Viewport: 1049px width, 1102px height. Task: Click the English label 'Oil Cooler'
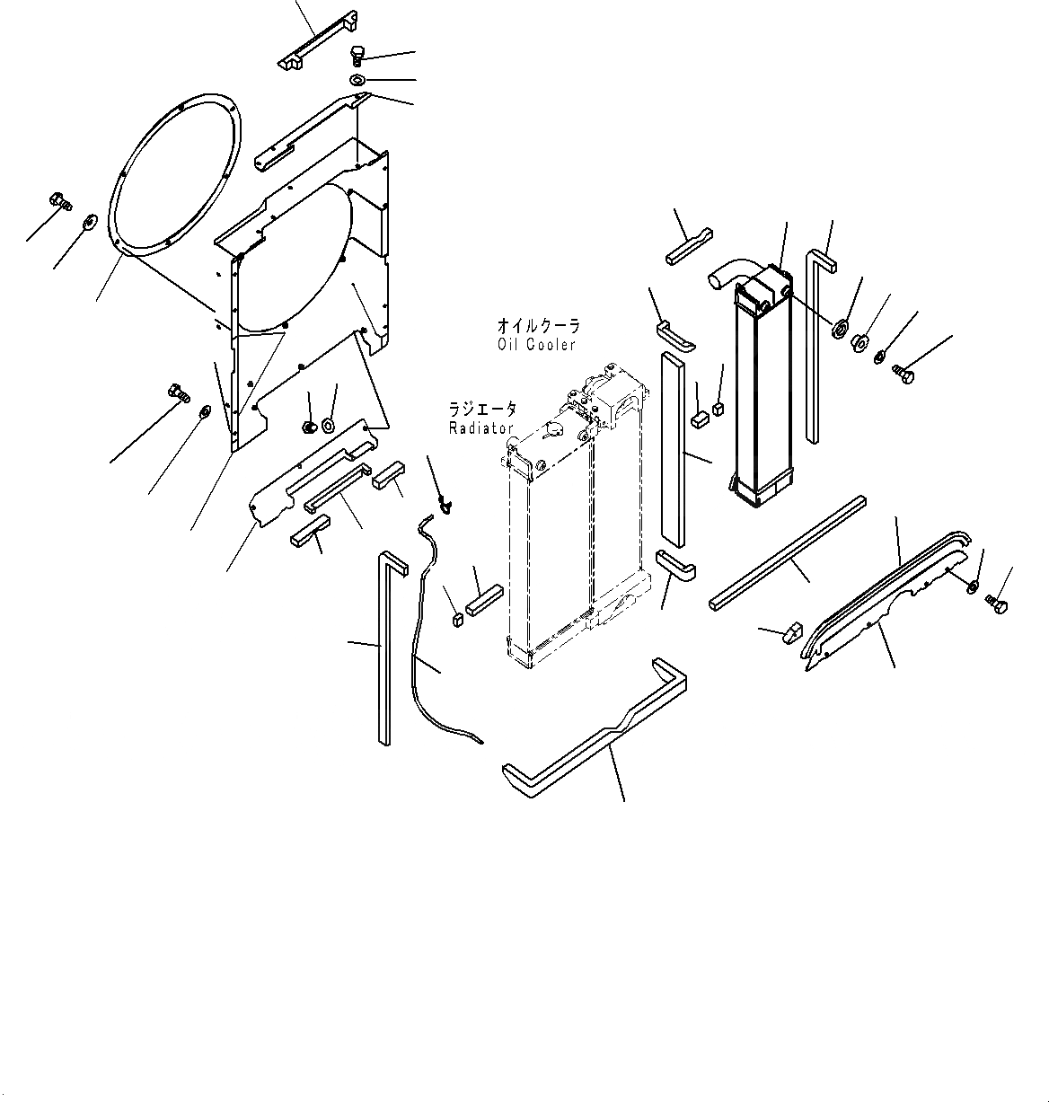point(536,345)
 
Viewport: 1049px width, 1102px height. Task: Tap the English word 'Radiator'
point(481,428)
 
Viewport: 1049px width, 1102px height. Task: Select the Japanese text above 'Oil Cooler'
point(539,327)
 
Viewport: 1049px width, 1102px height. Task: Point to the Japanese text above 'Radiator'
point(483,410)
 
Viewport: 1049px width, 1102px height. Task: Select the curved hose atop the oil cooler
point(729,270)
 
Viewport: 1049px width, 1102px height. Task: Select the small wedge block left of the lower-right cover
point(789,631)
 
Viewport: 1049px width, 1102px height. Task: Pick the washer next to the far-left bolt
point(90,221)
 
